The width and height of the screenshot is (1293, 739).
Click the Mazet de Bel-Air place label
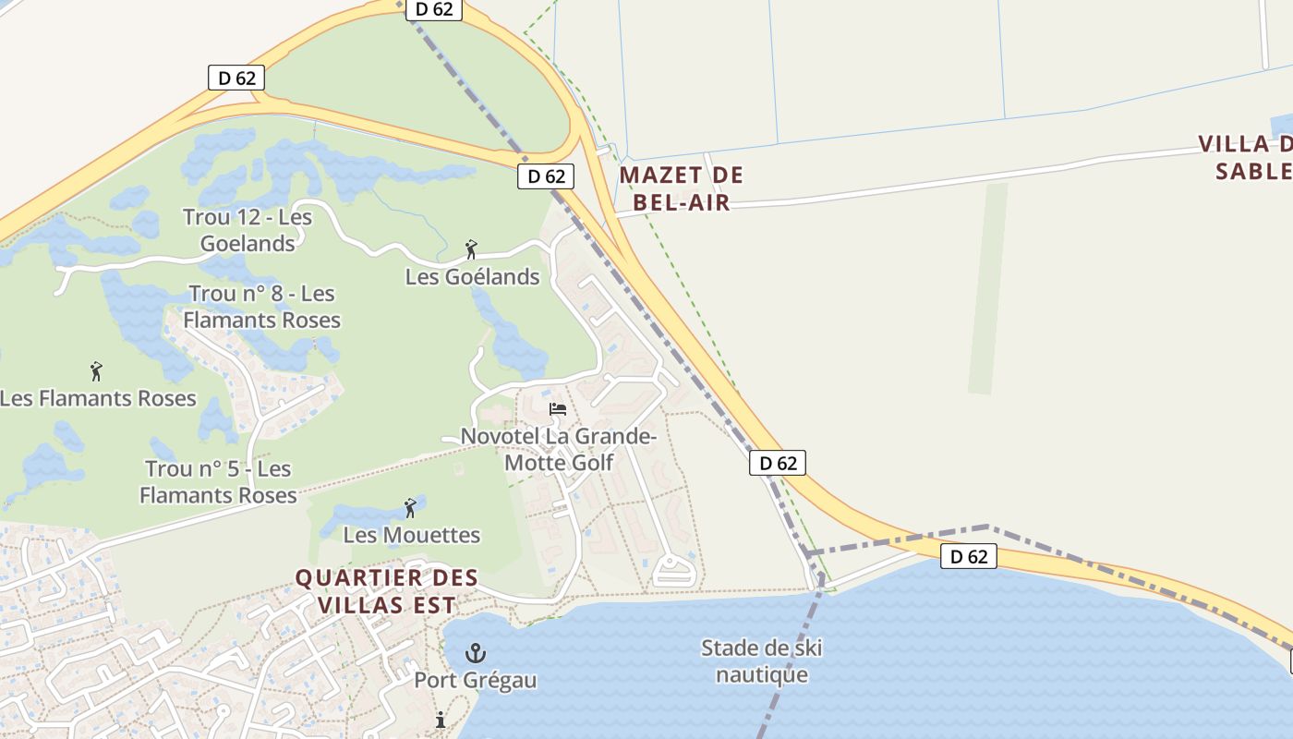point(682,188)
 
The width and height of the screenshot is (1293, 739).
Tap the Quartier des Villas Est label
point(386,591)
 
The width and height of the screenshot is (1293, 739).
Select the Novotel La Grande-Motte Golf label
point(558,449)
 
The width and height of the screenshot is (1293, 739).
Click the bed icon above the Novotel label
point(557,408)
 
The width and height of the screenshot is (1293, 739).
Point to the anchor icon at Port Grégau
point(475,654)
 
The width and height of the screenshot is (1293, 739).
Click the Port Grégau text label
point(475,681)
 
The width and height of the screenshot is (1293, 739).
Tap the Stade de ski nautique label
point(762,661)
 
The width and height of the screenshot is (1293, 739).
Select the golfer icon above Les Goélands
point(471,249)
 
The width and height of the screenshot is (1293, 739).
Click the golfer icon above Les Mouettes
point(410,508)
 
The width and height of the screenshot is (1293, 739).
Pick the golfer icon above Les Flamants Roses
point(96,371)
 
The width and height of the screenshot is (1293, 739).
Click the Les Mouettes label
point(412,535)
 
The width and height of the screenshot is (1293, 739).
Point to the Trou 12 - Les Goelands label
point(248,230)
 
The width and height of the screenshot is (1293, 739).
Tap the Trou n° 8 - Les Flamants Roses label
point(261,307)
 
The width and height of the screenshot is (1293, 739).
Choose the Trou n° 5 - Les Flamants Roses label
point(219,481)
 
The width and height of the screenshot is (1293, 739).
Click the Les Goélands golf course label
point(472,276)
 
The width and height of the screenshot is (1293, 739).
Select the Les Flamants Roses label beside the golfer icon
point(98,398)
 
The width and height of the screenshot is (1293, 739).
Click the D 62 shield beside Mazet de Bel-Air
point(546,176)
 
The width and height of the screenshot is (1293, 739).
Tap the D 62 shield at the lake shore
point(969,556)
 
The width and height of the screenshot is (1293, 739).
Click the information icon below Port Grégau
point(441,720)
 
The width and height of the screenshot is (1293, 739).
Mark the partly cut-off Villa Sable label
point(1246,157)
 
